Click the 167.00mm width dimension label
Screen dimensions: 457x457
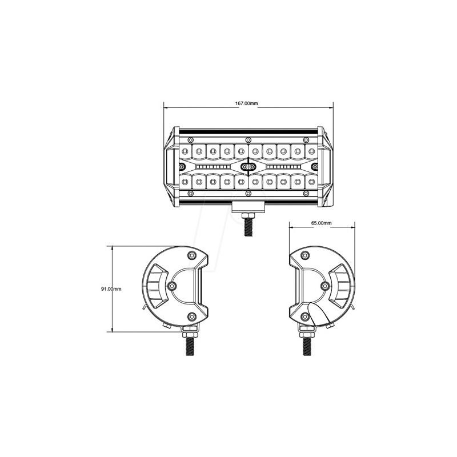click(247, 103)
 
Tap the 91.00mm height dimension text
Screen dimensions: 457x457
click(111, 289)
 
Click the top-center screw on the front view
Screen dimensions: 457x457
click(247, 141)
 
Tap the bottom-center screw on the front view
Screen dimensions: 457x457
click(247, 195)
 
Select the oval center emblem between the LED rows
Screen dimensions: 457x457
click(248, 167)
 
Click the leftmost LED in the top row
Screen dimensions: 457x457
click(186, 151)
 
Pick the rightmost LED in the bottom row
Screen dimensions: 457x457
click(310, 182)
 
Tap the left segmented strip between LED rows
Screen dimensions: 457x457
click(215, 167)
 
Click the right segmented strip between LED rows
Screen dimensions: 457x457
click(280, 167)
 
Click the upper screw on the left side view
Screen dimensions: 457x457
click(191, 255)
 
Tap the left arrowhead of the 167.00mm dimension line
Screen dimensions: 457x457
click(166, 107)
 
